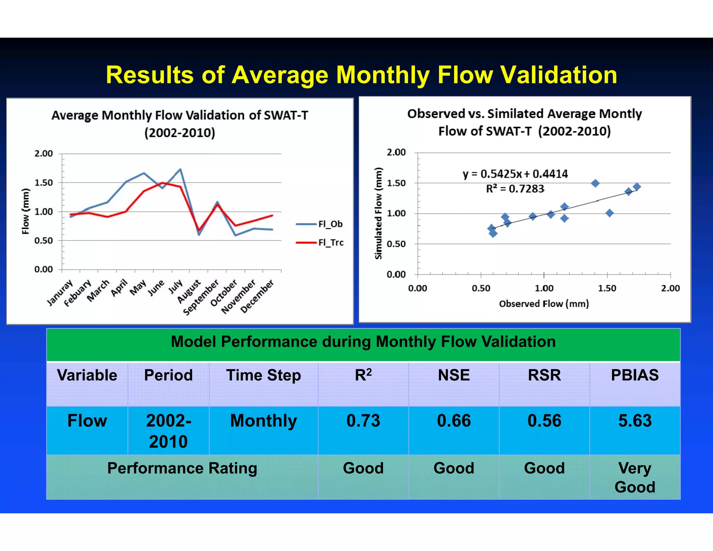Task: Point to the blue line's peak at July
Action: tap(180, 169)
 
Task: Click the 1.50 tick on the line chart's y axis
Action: tap(44, 183)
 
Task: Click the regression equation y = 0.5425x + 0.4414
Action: tap(515, 174)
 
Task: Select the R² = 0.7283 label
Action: tap(515, 189)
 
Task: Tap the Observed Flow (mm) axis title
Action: tap(544, 304)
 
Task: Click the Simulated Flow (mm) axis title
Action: tap(378, 214)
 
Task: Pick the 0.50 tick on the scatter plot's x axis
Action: tap(481, 288)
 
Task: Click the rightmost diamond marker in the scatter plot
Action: tap(637, 187)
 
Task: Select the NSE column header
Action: tap(454, 375)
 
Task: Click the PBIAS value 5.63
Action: tap(635, 421)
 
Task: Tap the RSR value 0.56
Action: tap(544, 421)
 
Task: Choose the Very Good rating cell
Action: tap(635, 477)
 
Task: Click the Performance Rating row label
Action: tap(182, 468)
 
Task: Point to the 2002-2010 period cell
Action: tap(169, 431)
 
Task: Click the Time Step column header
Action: tap(264, 375)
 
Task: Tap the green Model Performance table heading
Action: tap(363, 342)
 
